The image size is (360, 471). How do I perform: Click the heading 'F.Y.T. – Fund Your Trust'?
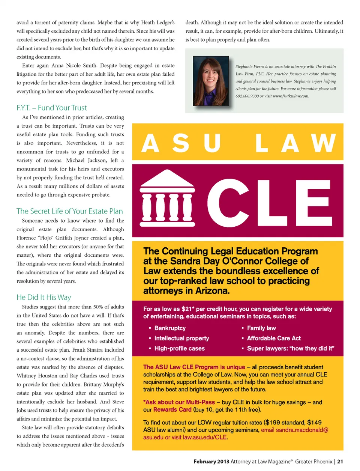pyautogui.click(x=51, y=108)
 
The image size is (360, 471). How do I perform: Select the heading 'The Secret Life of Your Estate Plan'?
pyautogui.click(x=69, y=211)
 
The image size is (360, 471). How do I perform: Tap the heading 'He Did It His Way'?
pyautogui.click(x=43, y=297)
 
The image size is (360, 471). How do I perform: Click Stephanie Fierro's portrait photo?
pyautogui.click(x=210, y=81)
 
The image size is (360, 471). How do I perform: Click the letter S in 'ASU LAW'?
pyautogui.click(x=181, y=143)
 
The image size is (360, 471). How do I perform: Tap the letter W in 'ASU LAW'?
pyautogui.click(x=323, y=143)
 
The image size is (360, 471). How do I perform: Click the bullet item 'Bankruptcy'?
pyautogui.click(x=169, y=328)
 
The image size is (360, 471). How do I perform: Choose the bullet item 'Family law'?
pyautogui.click(x=261, y=328)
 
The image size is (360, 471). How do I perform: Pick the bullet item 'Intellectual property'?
pyautogui.click(x=181, y=338)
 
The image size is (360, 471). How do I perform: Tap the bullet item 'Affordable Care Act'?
pyautogui.click(x=273, y=338)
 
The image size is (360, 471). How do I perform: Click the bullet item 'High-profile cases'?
pyautogui.click(x=179, y=348)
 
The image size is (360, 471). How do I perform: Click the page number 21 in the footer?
pyautogui.click(x=340, y=462)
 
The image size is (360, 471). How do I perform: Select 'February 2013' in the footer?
pyautogui.click(x=211, y=462)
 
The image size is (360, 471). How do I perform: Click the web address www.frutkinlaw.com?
pyautogui.click(x=291, y=96)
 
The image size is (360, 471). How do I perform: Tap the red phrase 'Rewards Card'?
pyautogui.click(x=172, y=409)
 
